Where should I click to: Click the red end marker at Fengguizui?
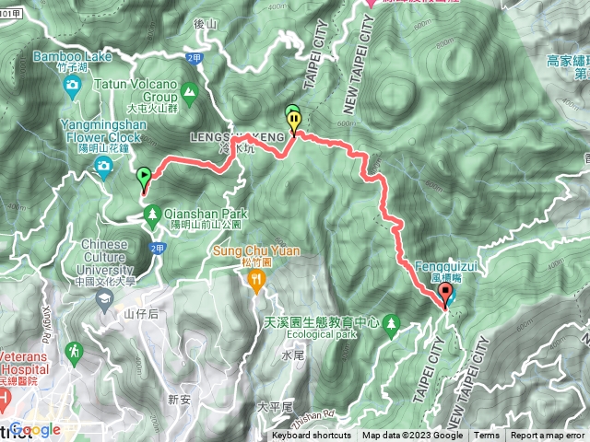click(447, 294)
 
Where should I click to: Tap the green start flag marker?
click(144, 175)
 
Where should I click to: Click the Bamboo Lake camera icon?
click(72, 87)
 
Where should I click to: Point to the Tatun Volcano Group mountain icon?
click(189, 91)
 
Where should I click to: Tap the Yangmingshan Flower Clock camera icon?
click(103, 166)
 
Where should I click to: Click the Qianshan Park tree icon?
click(152, 215)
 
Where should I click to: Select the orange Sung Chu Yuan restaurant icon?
click(257, 282)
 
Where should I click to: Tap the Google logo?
click(35, 429)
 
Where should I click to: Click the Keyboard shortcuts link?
click(312, 436)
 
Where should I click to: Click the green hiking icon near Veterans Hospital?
click(74, 351)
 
